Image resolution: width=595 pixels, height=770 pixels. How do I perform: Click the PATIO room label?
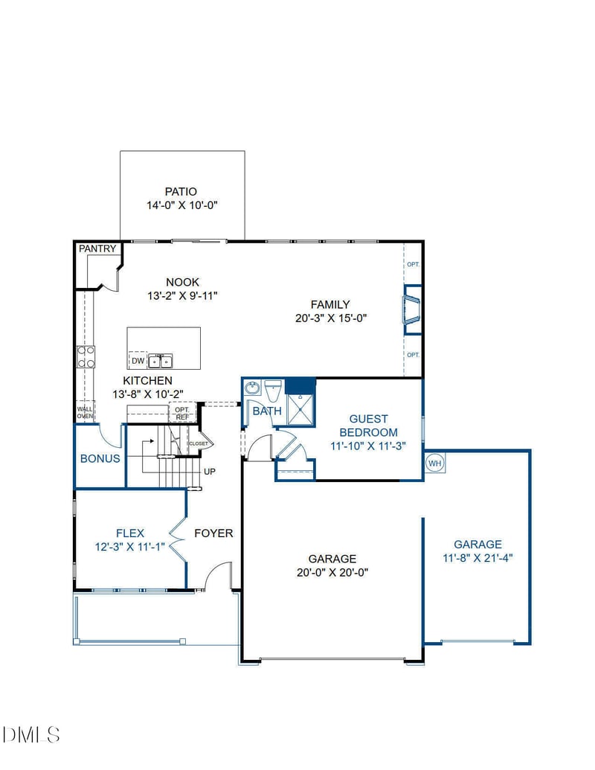click(x=181, y=191)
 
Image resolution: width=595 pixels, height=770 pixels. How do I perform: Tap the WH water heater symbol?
click(x=434, y=463)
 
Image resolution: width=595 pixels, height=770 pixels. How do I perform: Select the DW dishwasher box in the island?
click(x=138, y=360)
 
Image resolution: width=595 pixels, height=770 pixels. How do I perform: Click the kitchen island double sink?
click(x=161, y=362)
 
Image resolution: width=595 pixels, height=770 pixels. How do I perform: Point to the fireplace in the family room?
click(x=411, y=310)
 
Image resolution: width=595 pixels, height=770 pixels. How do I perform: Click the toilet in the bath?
click(x=273, y=391)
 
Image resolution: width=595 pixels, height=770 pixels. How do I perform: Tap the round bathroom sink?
click(x=253, y=388)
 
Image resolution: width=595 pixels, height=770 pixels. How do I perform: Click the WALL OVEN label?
click(x=85, y=412)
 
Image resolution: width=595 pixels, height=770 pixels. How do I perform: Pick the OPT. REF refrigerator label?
click(x=182, y=413)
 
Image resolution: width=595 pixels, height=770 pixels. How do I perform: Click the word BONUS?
click(x=100, y=458)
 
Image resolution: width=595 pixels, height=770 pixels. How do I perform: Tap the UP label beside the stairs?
click(x=210, y=472)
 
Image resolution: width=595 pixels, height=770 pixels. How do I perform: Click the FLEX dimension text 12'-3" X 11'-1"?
click(x=129, y=547)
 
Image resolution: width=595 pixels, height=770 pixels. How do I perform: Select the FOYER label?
click(x=213, y=533)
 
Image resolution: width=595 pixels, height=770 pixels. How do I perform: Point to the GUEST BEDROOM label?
click(x=369, y=426)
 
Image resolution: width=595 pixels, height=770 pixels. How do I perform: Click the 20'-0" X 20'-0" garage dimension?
click(x=332, y=572)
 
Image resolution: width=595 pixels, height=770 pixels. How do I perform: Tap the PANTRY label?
click(x=97, y=248)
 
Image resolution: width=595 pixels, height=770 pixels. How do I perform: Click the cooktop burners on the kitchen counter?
click(x=86, y=357)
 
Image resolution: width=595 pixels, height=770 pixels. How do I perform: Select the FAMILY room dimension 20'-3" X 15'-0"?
click(x=331, y=318)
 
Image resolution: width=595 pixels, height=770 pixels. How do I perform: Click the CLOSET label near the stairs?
click(x=199, y=443)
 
